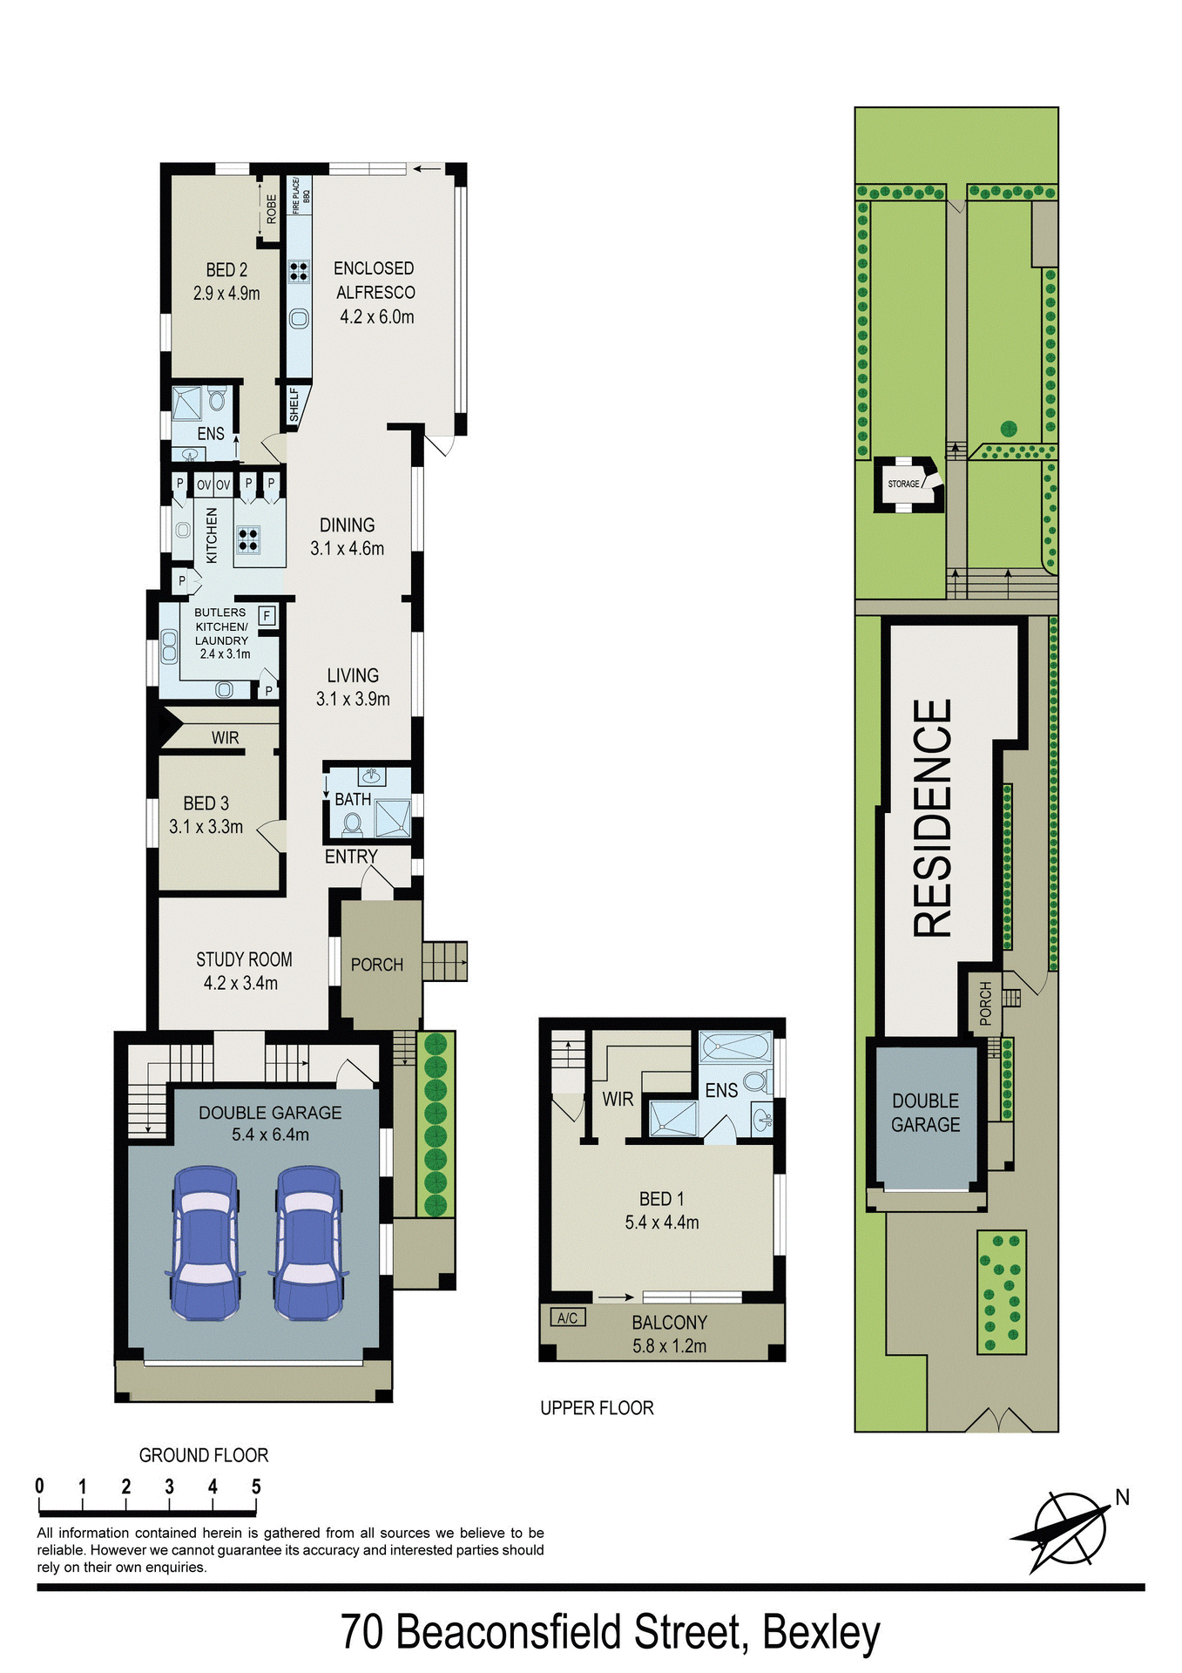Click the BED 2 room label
[226, 270]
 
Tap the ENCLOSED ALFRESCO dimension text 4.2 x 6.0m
[376, 317]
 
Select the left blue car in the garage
[206, 1243]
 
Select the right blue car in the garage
[309, 1243]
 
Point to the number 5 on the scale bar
[256, 1487]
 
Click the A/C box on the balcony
[567, 1317]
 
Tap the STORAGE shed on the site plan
[905, 484]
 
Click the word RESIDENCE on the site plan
[932, 818]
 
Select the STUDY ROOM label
[244, 959]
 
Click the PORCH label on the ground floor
[376, 965]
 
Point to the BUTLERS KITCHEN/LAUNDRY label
[221, 627]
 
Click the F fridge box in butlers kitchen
[267, 615]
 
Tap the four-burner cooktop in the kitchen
[248, 540]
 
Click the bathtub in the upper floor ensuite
[736, 1046]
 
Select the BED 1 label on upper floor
[661, 1199]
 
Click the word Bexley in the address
[821, 1632]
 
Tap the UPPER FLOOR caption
[597, 1408]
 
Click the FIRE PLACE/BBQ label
[300, 196]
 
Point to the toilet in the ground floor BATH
[353, 823]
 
